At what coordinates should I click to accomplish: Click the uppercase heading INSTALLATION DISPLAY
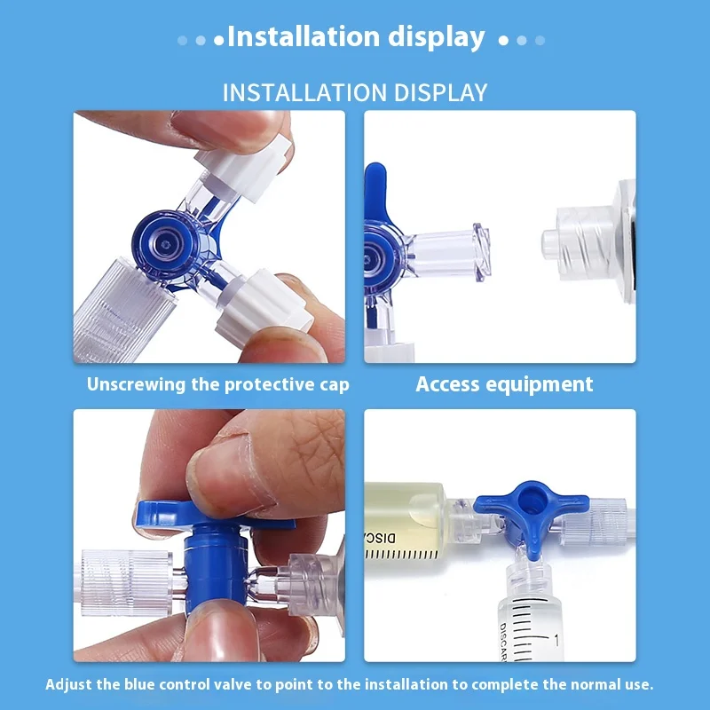(x=355, y=92)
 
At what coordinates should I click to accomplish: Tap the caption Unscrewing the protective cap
(x=217, y=384)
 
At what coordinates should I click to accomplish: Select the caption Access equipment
(x=504, y=384)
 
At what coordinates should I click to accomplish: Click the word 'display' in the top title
(x=436, y=37)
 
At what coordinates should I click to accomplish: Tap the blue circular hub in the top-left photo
(x=165, y=245)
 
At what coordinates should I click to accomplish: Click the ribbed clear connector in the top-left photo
(x=124, y=310)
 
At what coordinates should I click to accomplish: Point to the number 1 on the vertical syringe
(x=556, y=640)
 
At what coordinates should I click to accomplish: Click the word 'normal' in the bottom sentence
(x=598, y=683)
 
